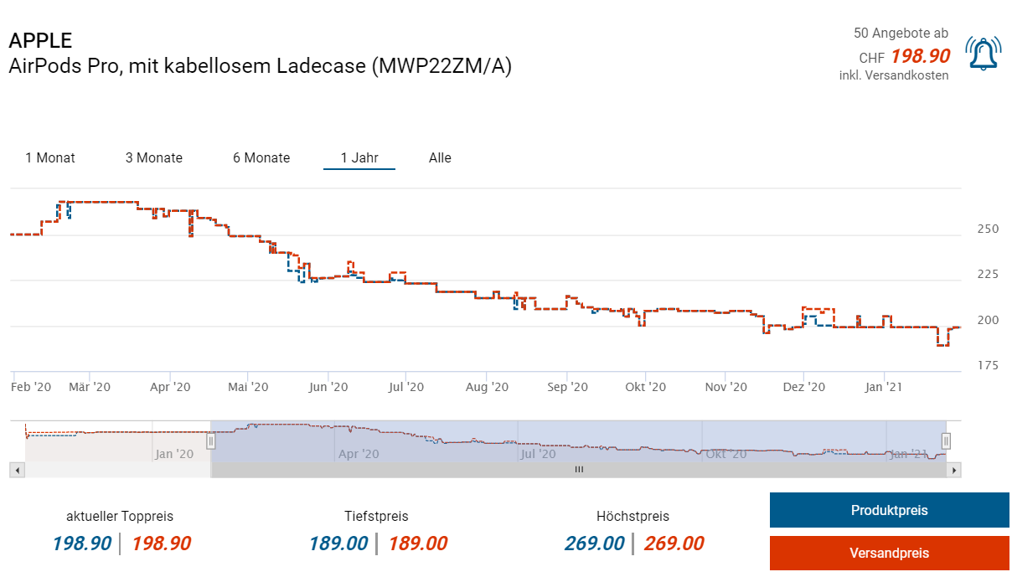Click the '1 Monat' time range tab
(x=50, y=157)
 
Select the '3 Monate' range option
(x=154, y=157)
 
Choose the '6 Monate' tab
(x=261, y=157)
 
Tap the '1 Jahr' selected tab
(x=359, y=157)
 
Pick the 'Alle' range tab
(x=440, y=157)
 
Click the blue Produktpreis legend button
(x=889, y=510)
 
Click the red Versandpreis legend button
(x=889, y=554)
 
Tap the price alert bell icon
(x=983, y=54)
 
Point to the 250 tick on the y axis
(x=989, y=229)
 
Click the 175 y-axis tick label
(x=989, y=365)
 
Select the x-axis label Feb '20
(x=32, y=387)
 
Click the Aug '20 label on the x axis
(x=487, y=387)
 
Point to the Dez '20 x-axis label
(x=804, y=387)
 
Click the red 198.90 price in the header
(x=920, y=56)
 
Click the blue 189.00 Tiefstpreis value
(x=338, y=544)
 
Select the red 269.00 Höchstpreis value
(x=674, y=544)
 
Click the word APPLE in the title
(x=40, y=40)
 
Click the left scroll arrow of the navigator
(x=18, y=471)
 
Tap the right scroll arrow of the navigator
(x=953, y=471)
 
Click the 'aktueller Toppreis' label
(x=120, y=516)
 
